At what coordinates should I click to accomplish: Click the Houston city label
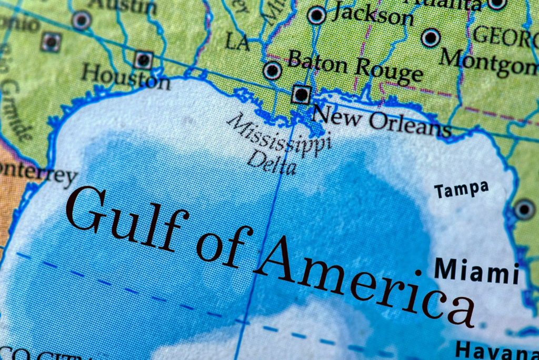125,76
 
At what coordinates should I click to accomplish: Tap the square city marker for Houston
143,59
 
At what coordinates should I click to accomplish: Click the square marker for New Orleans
301,95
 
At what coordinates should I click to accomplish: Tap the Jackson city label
373,15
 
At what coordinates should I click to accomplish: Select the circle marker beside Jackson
316,15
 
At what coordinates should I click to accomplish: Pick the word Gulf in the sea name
126,218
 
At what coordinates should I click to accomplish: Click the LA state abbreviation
237,42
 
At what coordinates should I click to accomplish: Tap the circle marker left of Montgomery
431,37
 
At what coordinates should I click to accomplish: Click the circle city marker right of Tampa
524,209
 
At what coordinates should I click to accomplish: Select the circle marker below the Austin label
82,21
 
